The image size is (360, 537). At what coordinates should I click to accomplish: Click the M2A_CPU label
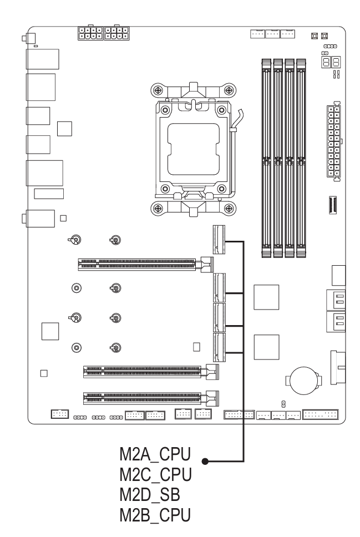155,454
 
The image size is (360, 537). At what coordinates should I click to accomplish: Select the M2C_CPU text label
155,474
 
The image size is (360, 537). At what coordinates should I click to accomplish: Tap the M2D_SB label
150,494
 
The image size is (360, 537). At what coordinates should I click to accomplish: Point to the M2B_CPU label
155,515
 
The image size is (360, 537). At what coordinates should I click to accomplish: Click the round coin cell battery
304,381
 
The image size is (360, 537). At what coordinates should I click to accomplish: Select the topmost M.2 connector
219,240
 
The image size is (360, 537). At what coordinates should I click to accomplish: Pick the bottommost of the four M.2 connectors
219,347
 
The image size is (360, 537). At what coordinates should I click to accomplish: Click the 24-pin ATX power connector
333,141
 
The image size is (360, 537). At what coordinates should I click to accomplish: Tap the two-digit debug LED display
331,62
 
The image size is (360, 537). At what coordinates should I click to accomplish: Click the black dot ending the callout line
205,462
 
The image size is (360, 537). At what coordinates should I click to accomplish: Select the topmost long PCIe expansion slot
145,265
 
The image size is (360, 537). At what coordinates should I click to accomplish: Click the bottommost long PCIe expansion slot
151,398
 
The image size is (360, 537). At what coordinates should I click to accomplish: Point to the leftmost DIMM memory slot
266,158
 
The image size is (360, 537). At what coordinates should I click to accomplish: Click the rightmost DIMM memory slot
301,158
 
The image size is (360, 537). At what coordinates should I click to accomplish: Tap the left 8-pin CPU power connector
90,33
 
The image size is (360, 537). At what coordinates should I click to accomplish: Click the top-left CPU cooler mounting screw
158,91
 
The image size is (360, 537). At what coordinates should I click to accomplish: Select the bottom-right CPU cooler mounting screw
229,207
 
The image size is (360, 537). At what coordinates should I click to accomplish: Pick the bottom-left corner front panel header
59,414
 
